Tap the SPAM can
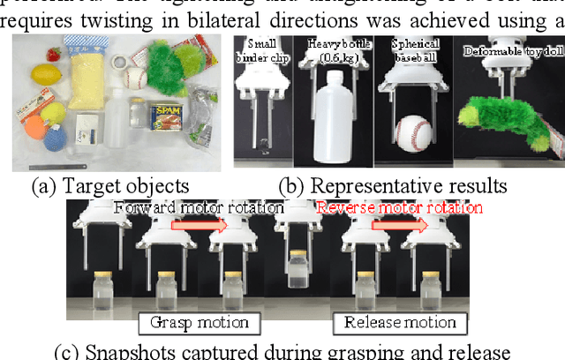coord(166,117)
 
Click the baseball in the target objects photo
coord(134,79)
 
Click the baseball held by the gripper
coord(414,133)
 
